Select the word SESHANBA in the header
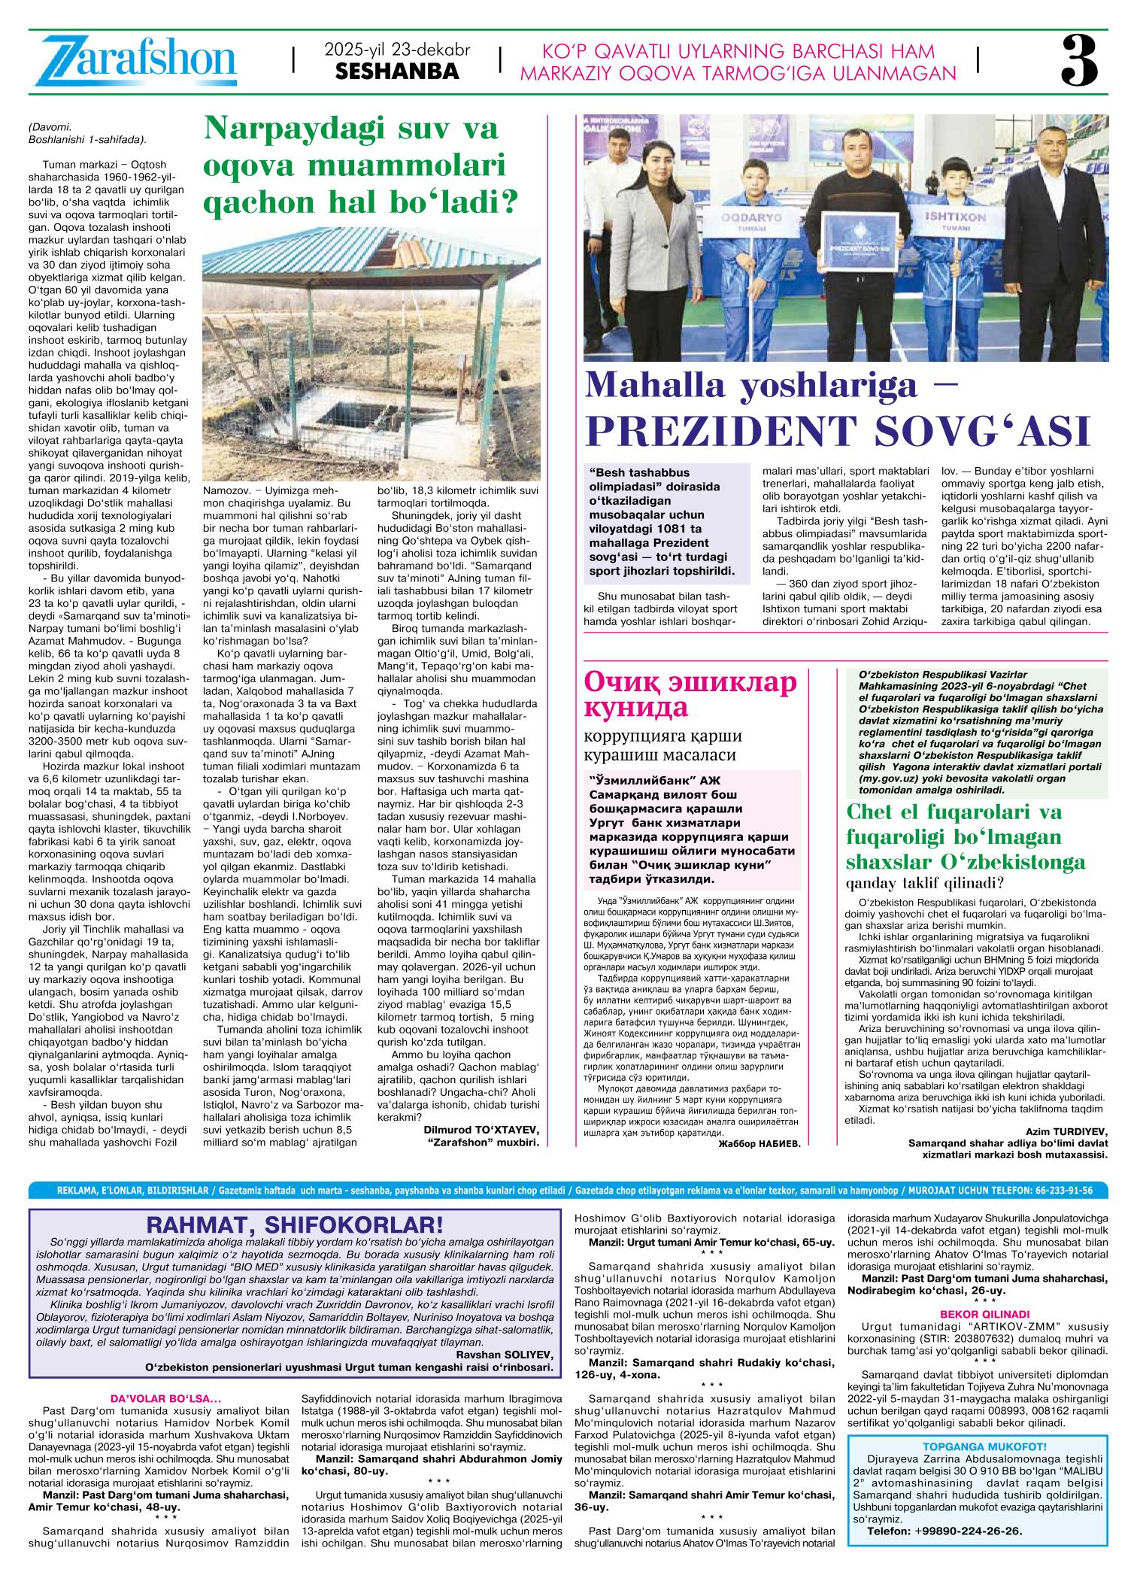[396, 72]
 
